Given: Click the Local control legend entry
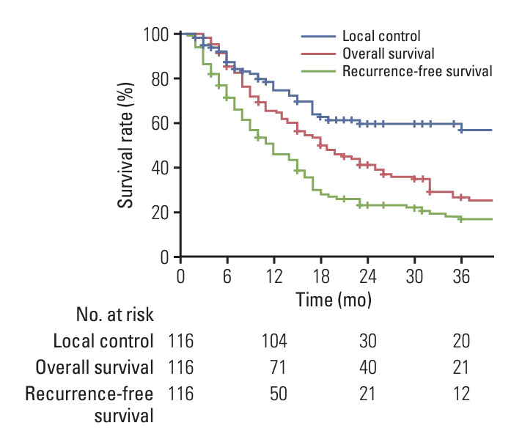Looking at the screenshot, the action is pyautogui.click(x=381, y=36).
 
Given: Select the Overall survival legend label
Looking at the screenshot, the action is pyautogui.click(x=389, y=54).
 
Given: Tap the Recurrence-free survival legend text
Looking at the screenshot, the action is pyautogui.click(x=417, y=71).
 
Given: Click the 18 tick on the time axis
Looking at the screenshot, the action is pyautogui.click(x=321, y=276).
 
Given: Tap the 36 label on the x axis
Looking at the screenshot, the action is pyautogui.click(x=461, y=276).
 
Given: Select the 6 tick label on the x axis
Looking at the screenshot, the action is pyautogui.click(x=227, y=276).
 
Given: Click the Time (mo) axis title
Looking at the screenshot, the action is pyautogui.click(x=334, y=300).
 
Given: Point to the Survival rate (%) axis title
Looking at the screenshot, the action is pyautogui.click(x=125, y=145).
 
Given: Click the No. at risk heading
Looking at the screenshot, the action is pyautogui.click(x=115, y=314).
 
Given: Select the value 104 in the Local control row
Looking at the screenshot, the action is pyautogui.click(x=274, y=341).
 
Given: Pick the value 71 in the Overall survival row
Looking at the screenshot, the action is pyautogui.click(x=278, y=367).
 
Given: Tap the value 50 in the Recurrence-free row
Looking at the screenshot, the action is pyautogui.click(x=279, y=394).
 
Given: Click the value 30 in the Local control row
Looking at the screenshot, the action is pyautogui.click(x=368, y=341).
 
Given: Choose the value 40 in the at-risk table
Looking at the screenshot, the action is pyautogui.click(x=368, y=367).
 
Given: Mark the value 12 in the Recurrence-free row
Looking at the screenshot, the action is pyautogui.click(x=461, y=394).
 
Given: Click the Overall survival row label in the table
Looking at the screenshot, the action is pyautogui.click(x=95, y=367).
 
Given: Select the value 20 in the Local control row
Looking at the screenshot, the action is pyautogui.click(x=461, y=341).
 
